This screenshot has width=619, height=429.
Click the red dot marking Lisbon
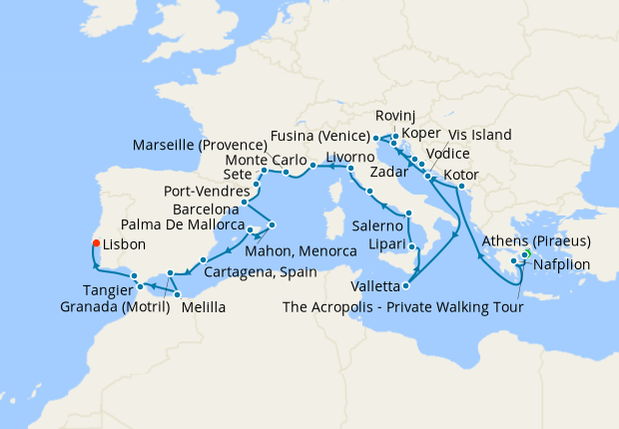[x=95, y=242]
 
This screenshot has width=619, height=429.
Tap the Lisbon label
[x=124, y=243]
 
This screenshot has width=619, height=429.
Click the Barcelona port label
[x=205, y=210]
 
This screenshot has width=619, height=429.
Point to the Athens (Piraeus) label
[x=536, y=241]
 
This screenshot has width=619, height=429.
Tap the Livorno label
[x=349, y=157]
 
